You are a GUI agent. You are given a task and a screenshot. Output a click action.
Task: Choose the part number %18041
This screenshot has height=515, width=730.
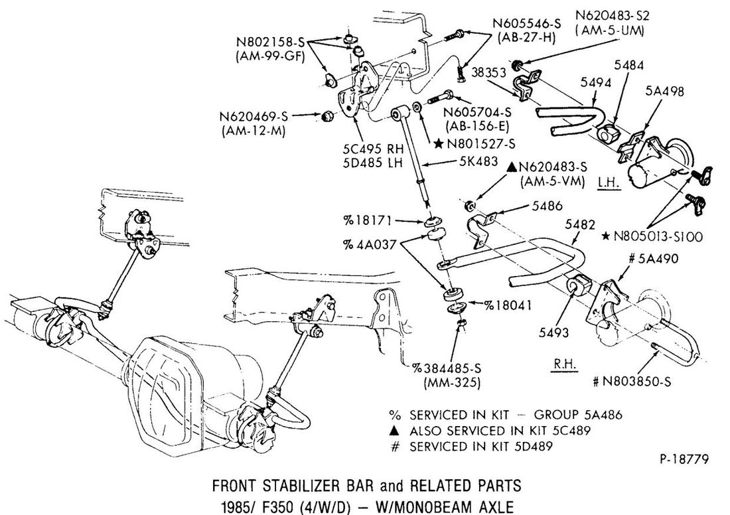(x=508, y=305)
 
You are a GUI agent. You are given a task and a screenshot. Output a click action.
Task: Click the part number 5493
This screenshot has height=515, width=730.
(x=554, y=332)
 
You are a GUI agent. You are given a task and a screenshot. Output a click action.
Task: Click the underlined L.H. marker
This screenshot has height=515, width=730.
(x=609, y=181)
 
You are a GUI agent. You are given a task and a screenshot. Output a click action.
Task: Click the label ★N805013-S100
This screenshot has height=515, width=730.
(x=656, y=235)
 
